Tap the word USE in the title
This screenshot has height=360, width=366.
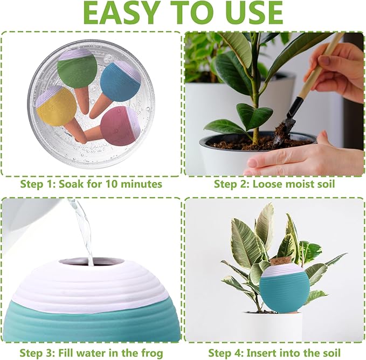(250, 13)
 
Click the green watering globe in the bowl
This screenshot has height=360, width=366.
(78, 68)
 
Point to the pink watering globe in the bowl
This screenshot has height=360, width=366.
(120, 126)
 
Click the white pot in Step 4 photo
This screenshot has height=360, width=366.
(275, 326)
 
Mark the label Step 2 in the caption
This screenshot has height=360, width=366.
(230, 184)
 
